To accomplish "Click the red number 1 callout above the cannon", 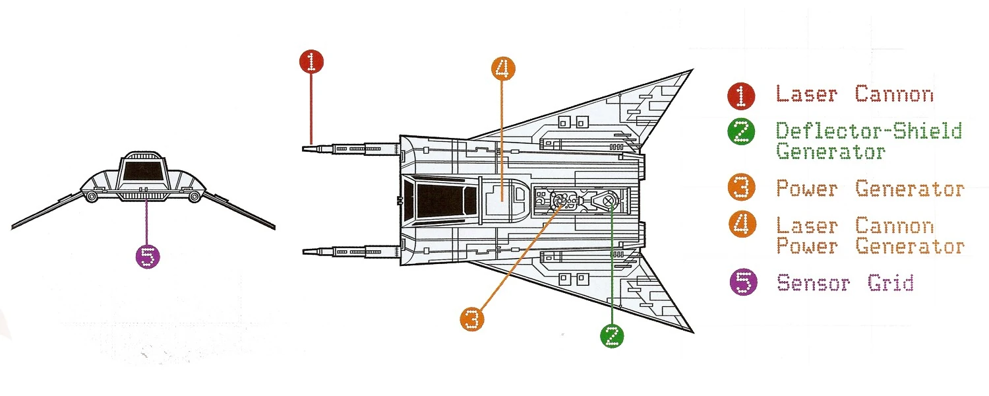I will pos(312,63).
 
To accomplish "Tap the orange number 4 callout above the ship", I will pos(502,69).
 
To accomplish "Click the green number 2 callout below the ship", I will pos(612,335).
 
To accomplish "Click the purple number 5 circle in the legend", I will pos(743,283).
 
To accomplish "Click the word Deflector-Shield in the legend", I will pos(869,131).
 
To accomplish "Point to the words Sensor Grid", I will pos(845,283).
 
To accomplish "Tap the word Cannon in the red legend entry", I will pos(894,94).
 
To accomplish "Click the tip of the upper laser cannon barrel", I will pos(304,149).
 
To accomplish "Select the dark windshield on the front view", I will pos(143,172).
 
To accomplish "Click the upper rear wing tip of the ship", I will pos(690,70).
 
